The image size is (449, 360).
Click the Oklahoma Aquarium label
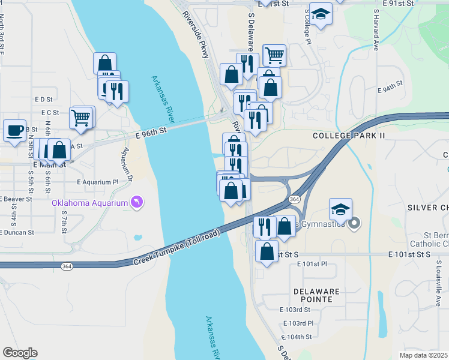[89, 203]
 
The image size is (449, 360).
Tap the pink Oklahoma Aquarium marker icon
[137, 203]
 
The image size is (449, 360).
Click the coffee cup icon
[14, 130]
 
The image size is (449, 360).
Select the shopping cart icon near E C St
[80, 117]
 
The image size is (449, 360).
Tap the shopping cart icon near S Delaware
[274, 55]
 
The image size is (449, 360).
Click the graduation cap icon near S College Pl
[321, 14]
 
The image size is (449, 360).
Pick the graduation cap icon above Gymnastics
[340, 209]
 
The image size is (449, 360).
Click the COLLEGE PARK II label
[349, 136]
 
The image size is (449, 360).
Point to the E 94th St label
[390, 88]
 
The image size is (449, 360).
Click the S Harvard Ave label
[376, 29]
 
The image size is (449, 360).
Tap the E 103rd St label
[295, 310]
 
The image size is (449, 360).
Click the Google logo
[20, 353]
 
